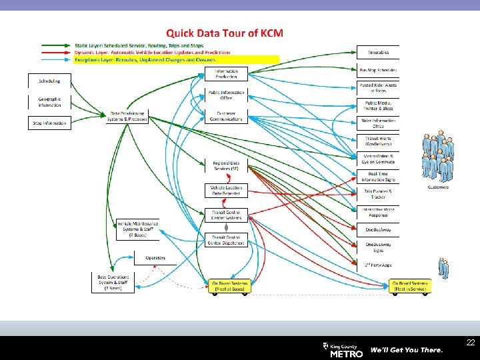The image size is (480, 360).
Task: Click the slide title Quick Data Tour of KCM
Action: (225, 32)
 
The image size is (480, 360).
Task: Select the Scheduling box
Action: (49, 81)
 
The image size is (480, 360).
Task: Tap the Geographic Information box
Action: (49, 101)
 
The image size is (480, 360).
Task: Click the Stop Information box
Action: (49, 123)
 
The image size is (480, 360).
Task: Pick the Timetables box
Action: (378, 52)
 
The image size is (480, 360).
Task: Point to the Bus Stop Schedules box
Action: (378, 70)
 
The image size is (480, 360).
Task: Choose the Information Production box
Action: (226, 74)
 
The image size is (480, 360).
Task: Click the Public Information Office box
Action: (226, 95)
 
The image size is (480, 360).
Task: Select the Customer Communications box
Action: (226, 117)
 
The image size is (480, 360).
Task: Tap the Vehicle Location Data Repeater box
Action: (226, 191)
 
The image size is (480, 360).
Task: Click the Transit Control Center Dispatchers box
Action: (226, 240)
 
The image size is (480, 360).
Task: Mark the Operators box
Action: (155, 258)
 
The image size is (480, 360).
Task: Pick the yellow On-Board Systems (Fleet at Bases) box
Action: (229, 285)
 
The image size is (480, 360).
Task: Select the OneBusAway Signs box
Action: (379, 247)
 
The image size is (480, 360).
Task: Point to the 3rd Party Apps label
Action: (379, 265)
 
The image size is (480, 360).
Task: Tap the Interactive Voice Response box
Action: (379, 212)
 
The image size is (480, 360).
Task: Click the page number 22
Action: (471, 343)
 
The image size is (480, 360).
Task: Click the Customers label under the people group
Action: (438, 187)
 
